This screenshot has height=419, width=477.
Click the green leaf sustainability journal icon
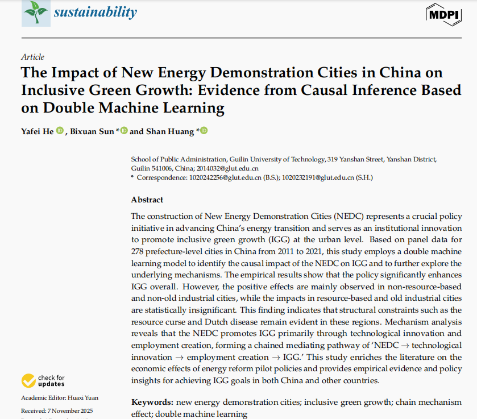pyautogui.click(x=36, y=13)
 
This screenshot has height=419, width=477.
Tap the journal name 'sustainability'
pyautogui.click(x=96, y=12)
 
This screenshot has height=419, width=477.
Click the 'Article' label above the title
pyautogui.click(x=32, y=57)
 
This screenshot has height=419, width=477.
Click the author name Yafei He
pyautogui.click(x=38, y=131)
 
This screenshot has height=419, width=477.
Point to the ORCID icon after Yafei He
pyautogui.click(x=60, y=131)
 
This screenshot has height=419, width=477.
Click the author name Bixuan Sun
pyautogui.click(x=93, y=131)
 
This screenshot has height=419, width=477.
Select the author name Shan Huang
pyautogui.click(x=169, y=131)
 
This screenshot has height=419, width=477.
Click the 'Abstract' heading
pyautogui.click(x=147, y=200)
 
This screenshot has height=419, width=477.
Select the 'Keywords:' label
pyautogui.click(x=152, y=403)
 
